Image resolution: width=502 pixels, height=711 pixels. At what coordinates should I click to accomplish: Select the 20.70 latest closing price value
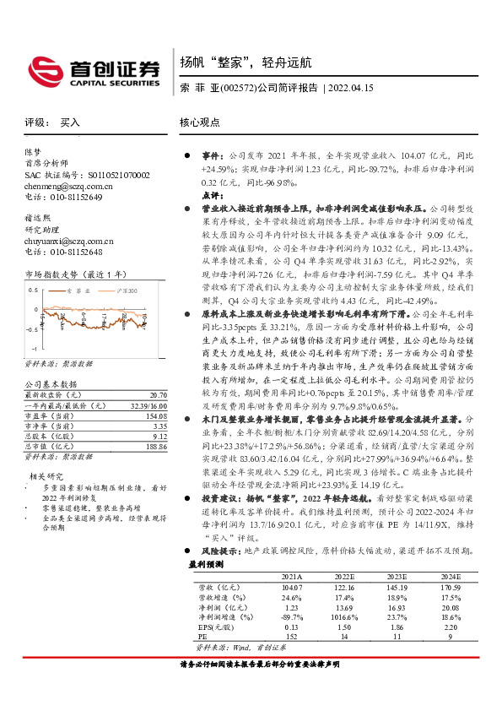tap(158, 395)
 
